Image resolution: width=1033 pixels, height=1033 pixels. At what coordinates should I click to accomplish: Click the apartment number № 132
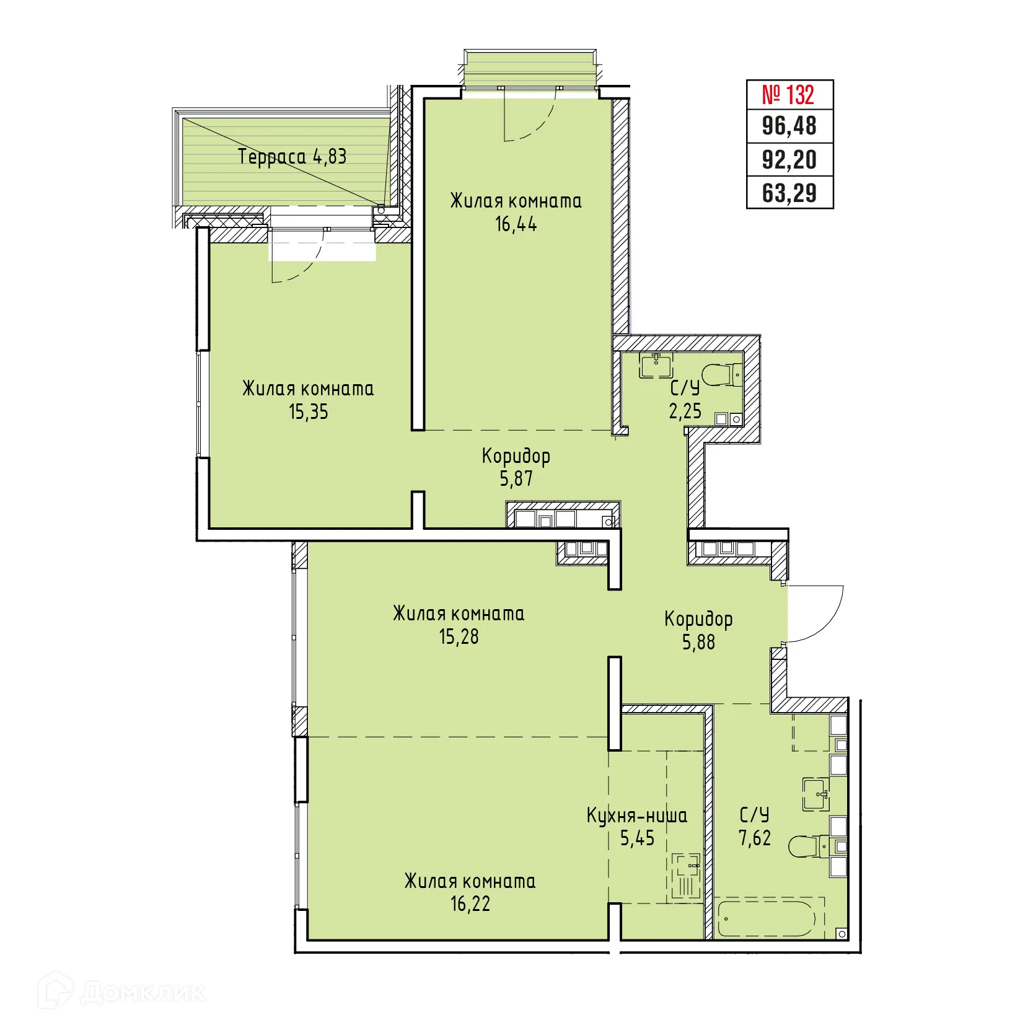pos(789,95)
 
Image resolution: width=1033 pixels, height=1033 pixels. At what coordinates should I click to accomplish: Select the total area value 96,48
pos(789,126)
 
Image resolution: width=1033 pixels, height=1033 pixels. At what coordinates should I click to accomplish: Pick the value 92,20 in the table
pos(789,160)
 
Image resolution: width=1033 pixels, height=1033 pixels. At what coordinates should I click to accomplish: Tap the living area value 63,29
pos(789,193)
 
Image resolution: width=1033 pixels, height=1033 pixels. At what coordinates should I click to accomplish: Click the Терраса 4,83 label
pos(292,157)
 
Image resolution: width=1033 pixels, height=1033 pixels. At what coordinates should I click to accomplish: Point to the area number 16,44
pos(516,224)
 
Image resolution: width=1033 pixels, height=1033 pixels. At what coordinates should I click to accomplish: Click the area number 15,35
pos(308,412)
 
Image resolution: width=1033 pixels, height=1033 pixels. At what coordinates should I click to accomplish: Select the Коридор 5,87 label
pos(516,467)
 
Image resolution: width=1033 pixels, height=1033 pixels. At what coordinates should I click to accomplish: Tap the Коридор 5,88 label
pos(698,630)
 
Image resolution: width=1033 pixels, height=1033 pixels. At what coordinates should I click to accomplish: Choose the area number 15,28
pos(459,637)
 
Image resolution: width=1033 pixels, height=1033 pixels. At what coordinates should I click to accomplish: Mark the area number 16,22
pos(470,904)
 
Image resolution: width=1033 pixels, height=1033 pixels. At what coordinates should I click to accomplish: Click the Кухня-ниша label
pos(636,815)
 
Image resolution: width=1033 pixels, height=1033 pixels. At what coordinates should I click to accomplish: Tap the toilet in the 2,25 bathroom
pos(722,374)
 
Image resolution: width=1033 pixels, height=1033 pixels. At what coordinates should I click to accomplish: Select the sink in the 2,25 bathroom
pos(656,366)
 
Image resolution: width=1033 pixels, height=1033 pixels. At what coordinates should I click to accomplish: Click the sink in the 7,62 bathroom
pos(815,794)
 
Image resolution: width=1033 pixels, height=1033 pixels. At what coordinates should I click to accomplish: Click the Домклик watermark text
pos(143,993)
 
